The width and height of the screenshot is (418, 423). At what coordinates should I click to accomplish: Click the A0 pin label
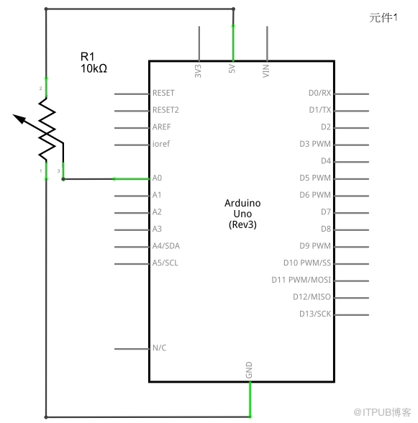pos(157,178)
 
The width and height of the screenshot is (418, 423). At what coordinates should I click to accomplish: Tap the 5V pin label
pos(232,69)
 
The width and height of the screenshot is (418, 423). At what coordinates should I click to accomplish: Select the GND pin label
pos(249,370)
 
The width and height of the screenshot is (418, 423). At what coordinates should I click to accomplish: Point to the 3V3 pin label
pos(198,71)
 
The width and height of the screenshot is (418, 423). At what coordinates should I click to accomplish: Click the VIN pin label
pos(266,71)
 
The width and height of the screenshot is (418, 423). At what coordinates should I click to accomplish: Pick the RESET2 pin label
pos(165,110)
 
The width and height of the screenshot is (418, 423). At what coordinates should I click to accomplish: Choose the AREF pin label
pos(162,127)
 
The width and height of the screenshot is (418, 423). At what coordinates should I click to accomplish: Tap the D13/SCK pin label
pos(315,314)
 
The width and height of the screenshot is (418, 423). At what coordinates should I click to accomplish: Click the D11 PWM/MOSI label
pos(301,280)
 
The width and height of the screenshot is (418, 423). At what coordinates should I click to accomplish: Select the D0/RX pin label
pos(319,93)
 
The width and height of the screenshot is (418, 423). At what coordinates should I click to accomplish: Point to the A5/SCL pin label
pos(165,263)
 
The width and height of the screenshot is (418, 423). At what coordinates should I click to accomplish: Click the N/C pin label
pos(160,348)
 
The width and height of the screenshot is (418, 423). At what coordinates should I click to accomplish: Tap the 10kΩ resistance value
pos(94,68)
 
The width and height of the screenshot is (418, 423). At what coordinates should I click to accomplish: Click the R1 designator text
pos(88,57)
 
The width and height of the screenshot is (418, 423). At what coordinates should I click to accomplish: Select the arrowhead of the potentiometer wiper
pos(19,118)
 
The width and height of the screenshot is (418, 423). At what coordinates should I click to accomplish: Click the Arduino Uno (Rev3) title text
pos(242,214)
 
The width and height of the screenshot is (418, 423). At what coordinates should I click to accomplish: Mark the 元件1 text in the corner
pos(383,18)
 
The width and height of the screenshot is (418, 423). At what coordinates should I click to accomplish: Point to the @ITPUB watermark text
pos(382,412)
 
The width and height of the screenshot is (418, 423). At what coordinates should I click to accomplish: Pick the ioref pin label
pos(161,144)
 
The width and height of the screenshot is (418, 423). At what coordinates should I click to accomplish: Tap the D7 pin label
pos(326,212)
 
